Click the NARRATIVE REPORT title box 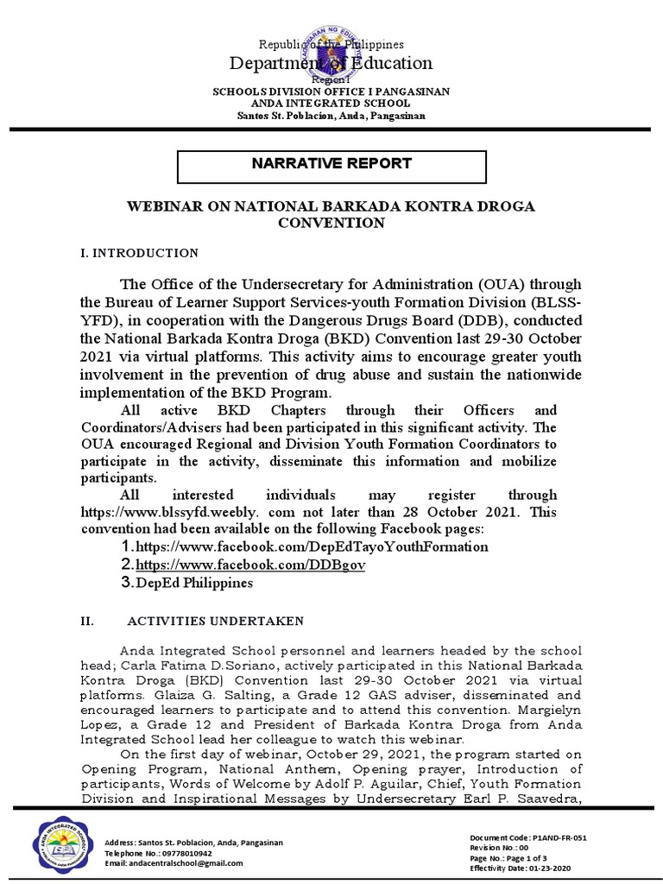(x=331, y=164)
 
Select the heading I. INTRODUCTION (x=139, y=253)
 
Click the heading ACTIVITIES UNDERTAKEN (x=215, y=621)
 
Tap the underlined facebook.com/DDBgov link (x=251, y=565)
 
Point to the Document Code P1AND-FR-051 (x=528, y=838)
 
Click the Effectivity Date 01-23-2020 (x=520, y=868)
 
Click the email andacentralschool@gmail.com (x=174, y=862)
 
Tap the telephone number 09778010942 (x=157, y=852)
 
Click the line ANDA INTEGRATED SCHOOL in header (x=331, y=104)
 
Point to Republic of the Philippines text (x=331, y=44)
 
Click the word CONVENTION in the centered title (x=331, y=223)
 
